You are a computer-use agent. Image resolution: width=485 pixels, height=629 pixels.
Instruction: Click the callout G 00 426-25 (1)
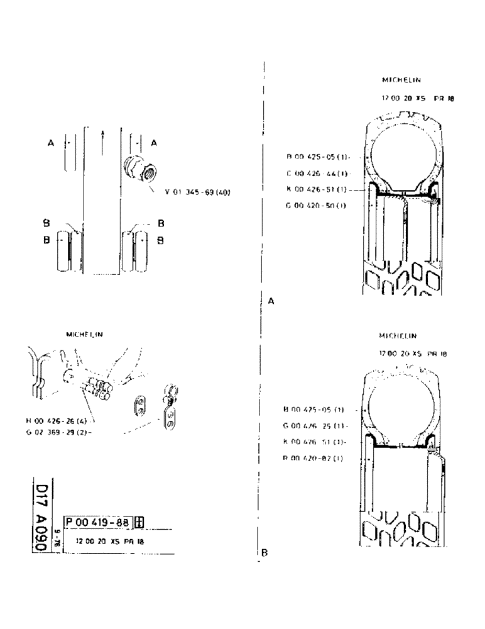pyautogui.click(x=317, y=426)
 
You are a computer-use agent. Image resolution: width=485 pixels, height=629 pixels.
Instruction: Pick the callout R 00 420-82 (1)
pyautogui.click(x=316, y=458)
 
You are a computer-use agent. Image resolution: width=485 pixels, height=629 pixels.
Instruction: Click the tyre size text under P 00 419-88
pyautogui.click(x=106, y=541)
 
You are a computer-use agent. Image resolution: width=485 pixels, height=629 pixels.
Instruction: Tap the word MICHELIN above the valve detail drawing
pyautogui.click(x=85, y=335)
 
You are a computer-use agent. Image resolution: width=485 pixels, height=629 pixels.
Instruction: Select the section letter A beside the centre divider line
pyautogui.click(x=271, y=301)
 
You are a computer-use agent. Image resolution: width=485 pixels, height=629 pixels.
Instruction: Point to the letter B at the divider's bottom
pyautogui.click(x=264, y=553)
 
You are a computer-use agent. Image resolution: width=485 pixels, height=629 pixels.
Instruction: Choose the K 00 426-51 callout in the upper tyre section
pyautogui.click(x=318, y=189)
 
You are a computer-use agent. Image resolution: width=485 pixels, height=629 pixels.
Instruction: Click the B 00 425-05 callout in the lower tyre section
pyautogui.click(x=316, y=409)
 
